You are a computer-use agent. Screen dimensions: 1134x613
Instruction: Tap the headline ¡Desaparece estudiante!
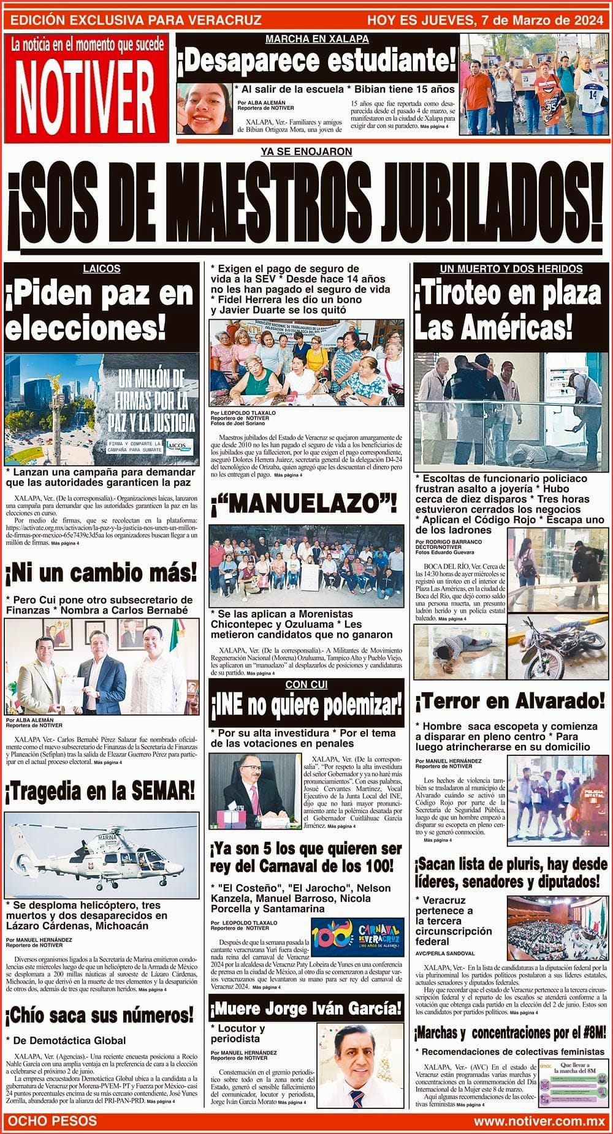point(316,62)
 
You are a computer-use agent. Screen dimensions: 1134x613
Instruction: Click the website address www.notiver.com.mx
point(539,1121)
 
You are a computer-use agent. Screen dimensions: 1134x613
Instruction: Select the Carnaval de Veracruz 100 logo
point(357,937)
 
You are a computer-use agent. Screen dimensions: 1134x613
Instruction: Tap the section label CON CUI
point(306,684)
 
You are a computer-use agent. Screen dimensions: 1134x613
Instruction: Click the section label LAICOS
point(102,268)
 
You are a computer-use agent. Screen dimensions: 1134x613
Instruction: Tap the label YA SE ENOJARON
point(306,151)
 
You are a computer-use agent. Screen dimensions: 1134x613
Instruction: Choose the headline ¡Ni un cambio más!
point(101,573)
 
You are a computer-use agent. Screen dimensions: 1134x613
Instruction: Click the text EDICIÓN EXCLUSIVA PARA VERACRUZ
point(136,20)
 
